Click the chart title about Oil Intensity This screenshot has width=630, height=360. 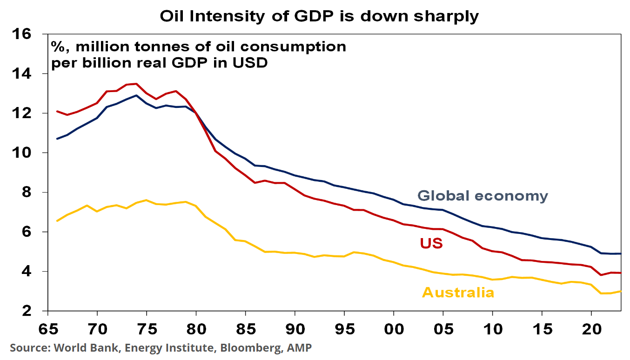tap(319, 16)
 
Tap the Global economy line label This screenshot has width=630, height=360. tap(483, 196)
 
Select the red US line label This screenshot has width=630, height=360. tap(431, 243)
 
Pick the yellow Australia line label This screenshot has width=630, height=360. tap(458, 293)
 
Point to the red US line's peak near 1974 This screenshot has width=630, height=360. tap(136, 84)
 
